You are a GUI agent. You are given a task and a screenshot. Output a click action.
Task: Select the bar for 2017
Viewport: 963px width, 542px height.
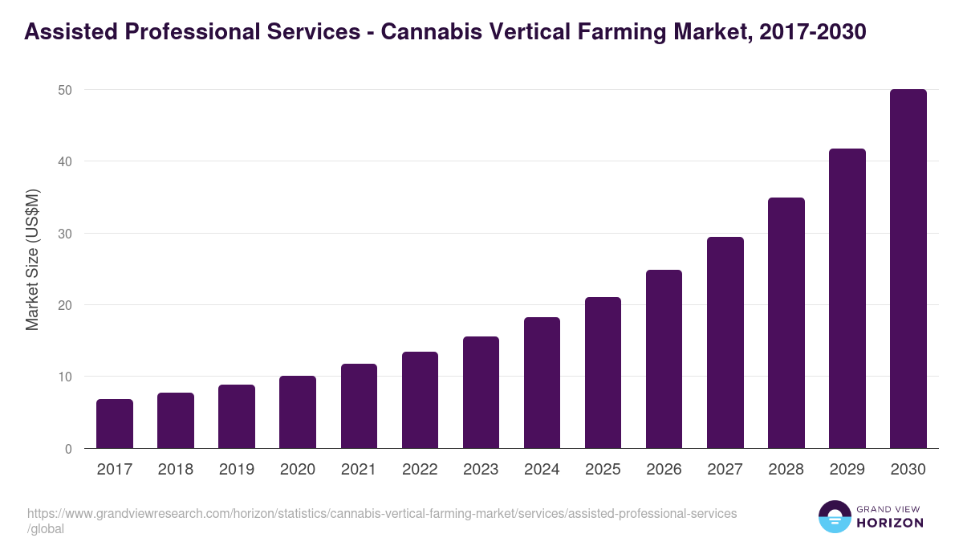[115, 424]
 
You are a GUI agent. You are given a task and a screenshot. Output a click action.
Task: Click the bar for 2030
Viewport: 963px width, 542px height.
[908, 269]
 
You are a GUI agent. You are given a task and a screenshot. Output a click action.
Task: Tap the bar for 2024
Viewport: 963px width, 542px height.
[542, 383]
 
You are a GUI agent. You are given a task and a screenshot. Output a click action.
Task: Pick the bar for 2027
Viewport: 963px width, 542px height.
[725, 343]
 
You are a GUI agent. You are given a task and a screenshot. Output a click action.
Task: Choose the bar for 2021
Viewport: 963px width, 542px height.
[359, 406]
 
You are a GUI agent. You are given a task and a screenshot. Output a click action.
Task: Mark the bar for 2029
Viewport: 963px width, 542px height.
[847, 299]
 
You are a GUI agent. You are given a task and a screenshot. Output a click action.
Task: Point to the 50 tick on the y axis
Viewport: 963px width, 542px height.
[64, 90]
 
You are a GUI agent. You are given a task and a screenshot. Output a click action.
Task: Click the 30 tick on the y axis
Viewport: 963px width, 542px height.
[64, 234]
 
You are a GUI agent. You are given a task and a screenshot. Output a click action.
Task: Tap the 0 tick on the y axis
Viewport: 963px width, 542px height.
[68, 449]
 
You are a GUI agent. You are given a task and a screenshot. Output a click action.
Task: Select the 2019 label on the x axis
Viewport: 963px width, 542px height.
[237, 470]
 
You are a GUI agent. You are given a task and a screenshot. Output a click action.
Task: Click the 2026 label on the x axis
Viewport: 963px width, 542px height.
[664, 470]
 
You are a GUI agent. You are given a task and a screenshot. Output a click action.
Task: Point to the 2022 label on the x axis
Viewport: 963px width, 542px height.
[420, 470]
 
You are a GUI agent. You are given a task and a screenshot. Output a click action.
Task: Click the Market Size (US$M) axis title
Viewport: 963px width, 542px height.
[32, 259]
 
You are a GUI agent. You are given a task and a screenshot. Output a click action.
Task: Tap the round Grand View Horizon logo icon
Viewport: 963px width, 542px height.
[834, 516]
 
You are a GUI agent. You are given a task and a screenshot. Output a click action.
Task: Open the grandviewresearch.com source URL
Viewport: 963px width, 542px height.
[381, 514]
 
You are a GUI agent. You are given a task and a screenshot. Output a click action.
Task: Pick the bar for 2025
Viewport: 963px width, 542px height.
[603, 373]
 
